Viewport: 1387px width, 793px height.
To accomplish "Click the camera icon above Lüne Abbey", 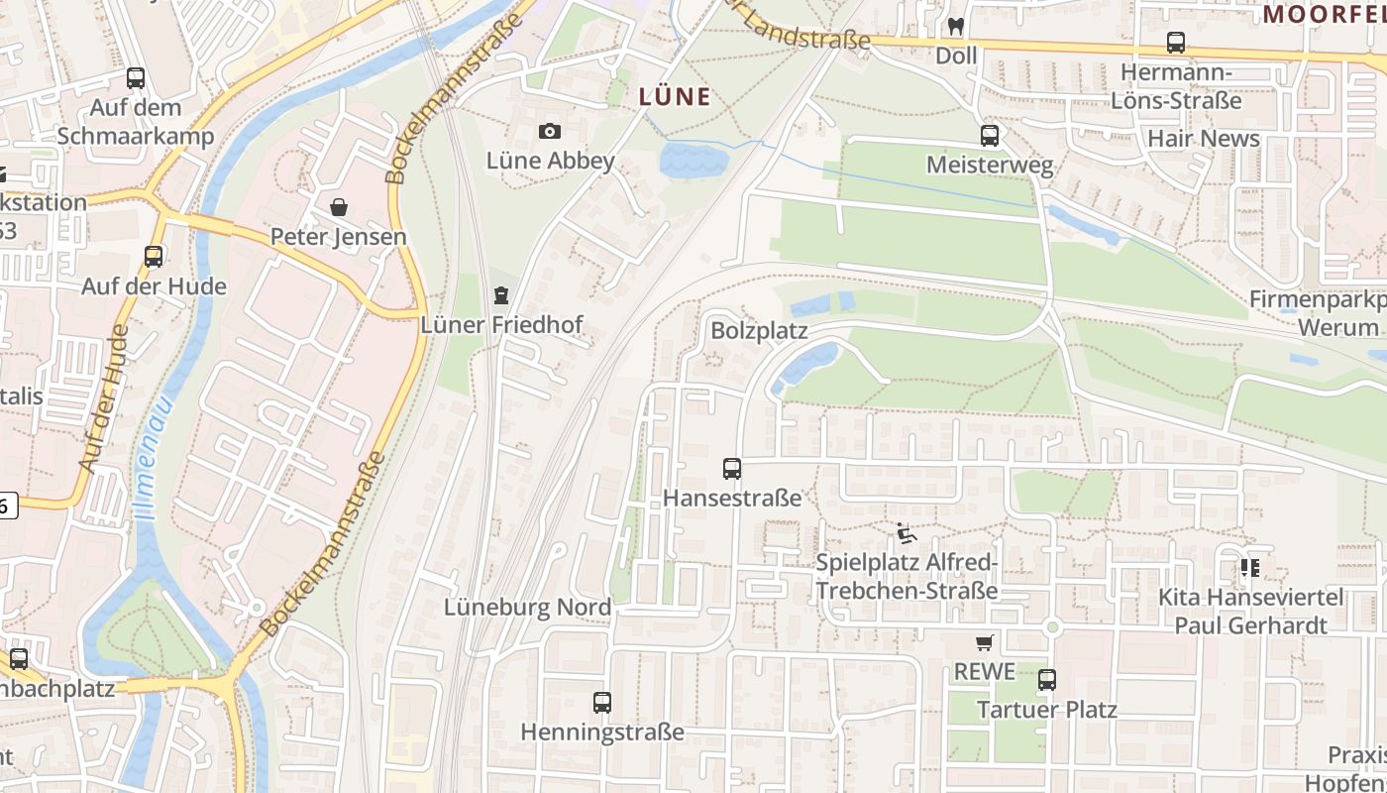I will point(549,131).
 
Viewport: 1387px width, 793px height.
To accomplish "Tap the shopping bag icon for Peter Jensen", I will point(339,207).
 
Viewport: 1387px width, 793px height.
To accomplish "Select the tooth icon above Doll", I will point(956,27).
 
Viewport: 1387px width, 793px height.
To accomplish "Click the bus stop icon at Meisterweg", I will point(990,136).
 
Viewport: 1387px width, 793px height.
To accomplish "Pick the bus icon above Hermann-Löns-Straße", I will point(1176,43).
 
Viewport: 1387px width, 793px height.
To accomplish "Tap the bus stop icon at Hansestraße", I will point(732,469).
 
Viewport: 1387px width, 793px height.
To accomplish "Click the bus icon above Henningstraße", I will point(602,703).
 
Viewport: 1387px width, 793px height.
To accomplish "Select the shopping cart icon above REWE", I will point(984,643).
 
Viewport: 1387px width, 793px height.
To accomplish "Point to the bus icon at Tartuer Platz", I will point(1047,680).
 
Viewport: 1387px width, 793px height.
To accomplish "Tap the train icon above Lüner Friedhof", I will point(501,295).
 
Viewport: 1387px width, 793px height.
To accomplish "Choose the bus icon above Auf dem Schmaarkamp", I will point(136,77).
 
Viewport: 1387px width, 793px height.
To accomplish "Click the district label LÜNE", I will point(675,97).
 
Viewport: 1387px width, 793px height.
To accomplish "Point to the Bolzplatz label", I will point(759,331).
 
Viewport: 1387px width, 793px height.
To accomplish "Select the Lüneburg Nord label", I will point(527,608).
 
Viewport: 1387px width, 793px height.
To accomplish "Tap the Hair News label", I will point(1203,139).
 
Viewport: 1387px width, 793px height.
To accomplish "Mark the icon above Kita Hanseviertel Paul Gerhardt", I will point(1250,568).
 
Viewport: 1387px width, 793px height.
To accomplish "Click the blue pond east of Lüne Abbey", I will point(693,159).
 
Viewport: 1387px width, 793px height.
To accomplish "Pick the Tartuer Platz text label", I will point(1047,710).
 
